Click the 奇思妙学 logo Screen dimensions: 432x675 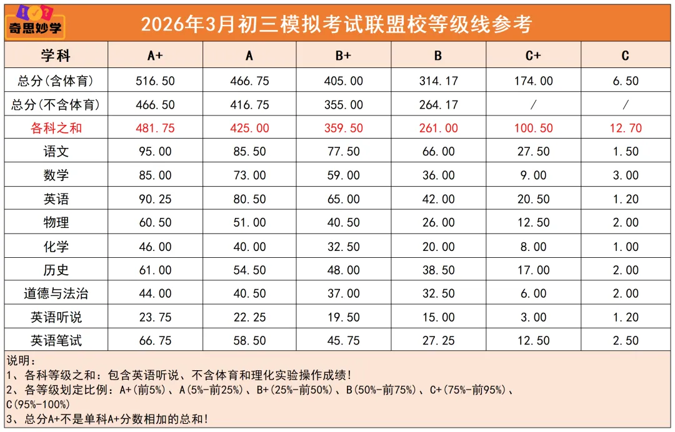(x=34, y=22)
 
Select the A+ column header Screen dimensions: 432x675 (x=155, y=56)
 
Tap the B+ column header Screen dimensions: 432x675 (x=343, y=56)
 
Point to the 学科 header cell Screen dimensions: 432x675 (x=56, y=56)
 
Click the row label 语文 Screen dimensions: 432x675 (x=56, y=152)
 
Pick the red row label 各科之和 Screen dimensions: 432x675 (x=56, y=129)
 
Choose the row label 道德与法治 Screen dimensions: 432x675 (x=56, y=294)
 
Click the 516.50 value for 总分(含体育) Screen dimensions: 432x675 (x=155, y=81)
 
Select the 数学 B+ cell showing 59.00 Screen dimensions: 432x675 (x=343, y=175)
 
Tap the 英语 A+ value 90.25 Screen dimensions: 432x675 (x=155, y=199)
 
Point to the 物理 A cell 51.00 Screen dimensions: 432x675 (x=249, y=223)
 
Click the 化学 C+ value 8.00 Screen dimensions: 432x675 (x=533, y=247)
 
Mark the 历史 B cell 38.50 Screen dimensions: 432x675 (x=438, y=270)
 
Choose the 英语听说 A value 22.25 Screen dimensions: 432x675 (x=249, y=318)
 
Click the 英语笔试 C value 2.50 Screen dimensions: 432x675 (x=625, y=341)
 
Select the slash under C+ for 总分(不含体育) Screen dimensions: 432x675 (x=533, y=105)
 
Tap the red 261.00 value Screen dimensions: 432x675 (x=438, y=129)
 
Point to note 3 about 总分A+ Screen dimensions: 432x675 (x=106, y=419)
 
